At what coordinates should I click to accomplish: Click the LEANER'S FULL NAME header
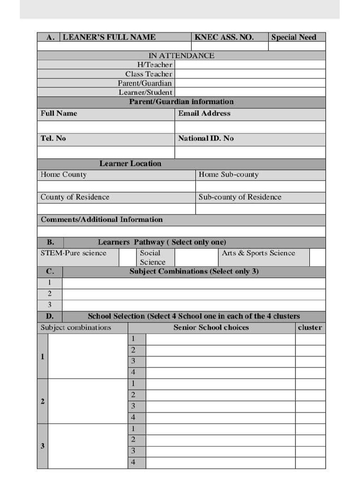pos(109,37)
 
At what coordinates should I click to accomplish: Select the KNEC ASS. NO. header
pos(224,37)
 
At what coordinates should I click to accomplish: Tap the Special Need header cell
pos(294,37)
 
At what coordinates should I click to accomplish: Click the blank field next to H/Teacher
pos(249,65)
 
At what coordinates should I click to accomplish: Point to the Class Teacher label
pos(149,74)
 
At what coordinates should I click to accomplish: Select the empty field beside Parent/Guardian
pos(249,83)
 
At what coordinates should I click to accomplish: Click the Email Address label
pos(204,113)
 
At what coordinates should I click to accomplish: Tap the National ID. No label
pos(206,138)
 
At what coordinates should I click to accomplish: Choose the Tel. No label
pos(53,138)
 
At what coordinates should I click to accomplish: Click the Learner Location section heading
pos(130,164)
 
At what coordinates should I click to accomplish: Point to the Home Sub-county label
pos(229,174)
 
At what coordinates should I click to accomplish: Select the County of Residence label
pos(75,197)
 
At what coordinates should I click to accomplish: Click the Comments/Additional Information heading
pos(102,219)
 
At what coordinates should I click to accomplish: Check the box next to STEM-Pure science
pos(127,257)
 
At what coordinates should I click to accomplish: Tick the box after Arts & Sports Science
pos(317,257)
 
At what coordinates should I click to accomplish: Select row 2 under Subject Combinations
pos(193,294)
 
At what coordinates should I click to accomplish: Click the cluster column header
pos(310,328)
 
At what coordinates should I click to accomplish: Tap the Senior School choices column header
pos(211,328)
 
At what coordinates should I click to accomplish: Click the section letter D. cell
pos(50,316)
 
